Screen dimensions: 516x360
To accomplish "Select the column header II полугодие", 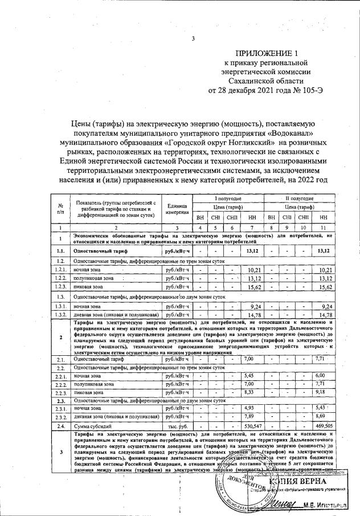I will pyautogui.click(x=299, y=198).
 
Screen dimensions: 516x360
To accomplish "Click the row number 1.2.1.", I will pyautogui.click(x=60, y=269).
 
